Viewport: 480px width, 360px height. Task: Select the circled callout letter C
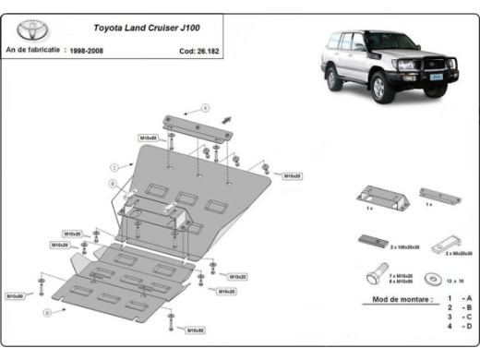tap(112, 166)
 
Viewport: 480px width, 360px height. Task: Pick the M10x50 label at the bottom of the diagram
tap(195, 330)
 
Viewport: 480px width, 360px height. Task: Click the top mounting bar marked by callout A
tap(196, 125)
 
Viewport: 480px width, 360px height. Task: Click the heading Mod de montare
tap(387, 301)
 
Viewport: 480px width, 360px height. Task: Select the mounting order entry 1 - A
tap(460, 298)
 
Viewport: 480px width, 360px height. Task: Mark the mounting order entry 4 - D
tap(460, 326)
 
